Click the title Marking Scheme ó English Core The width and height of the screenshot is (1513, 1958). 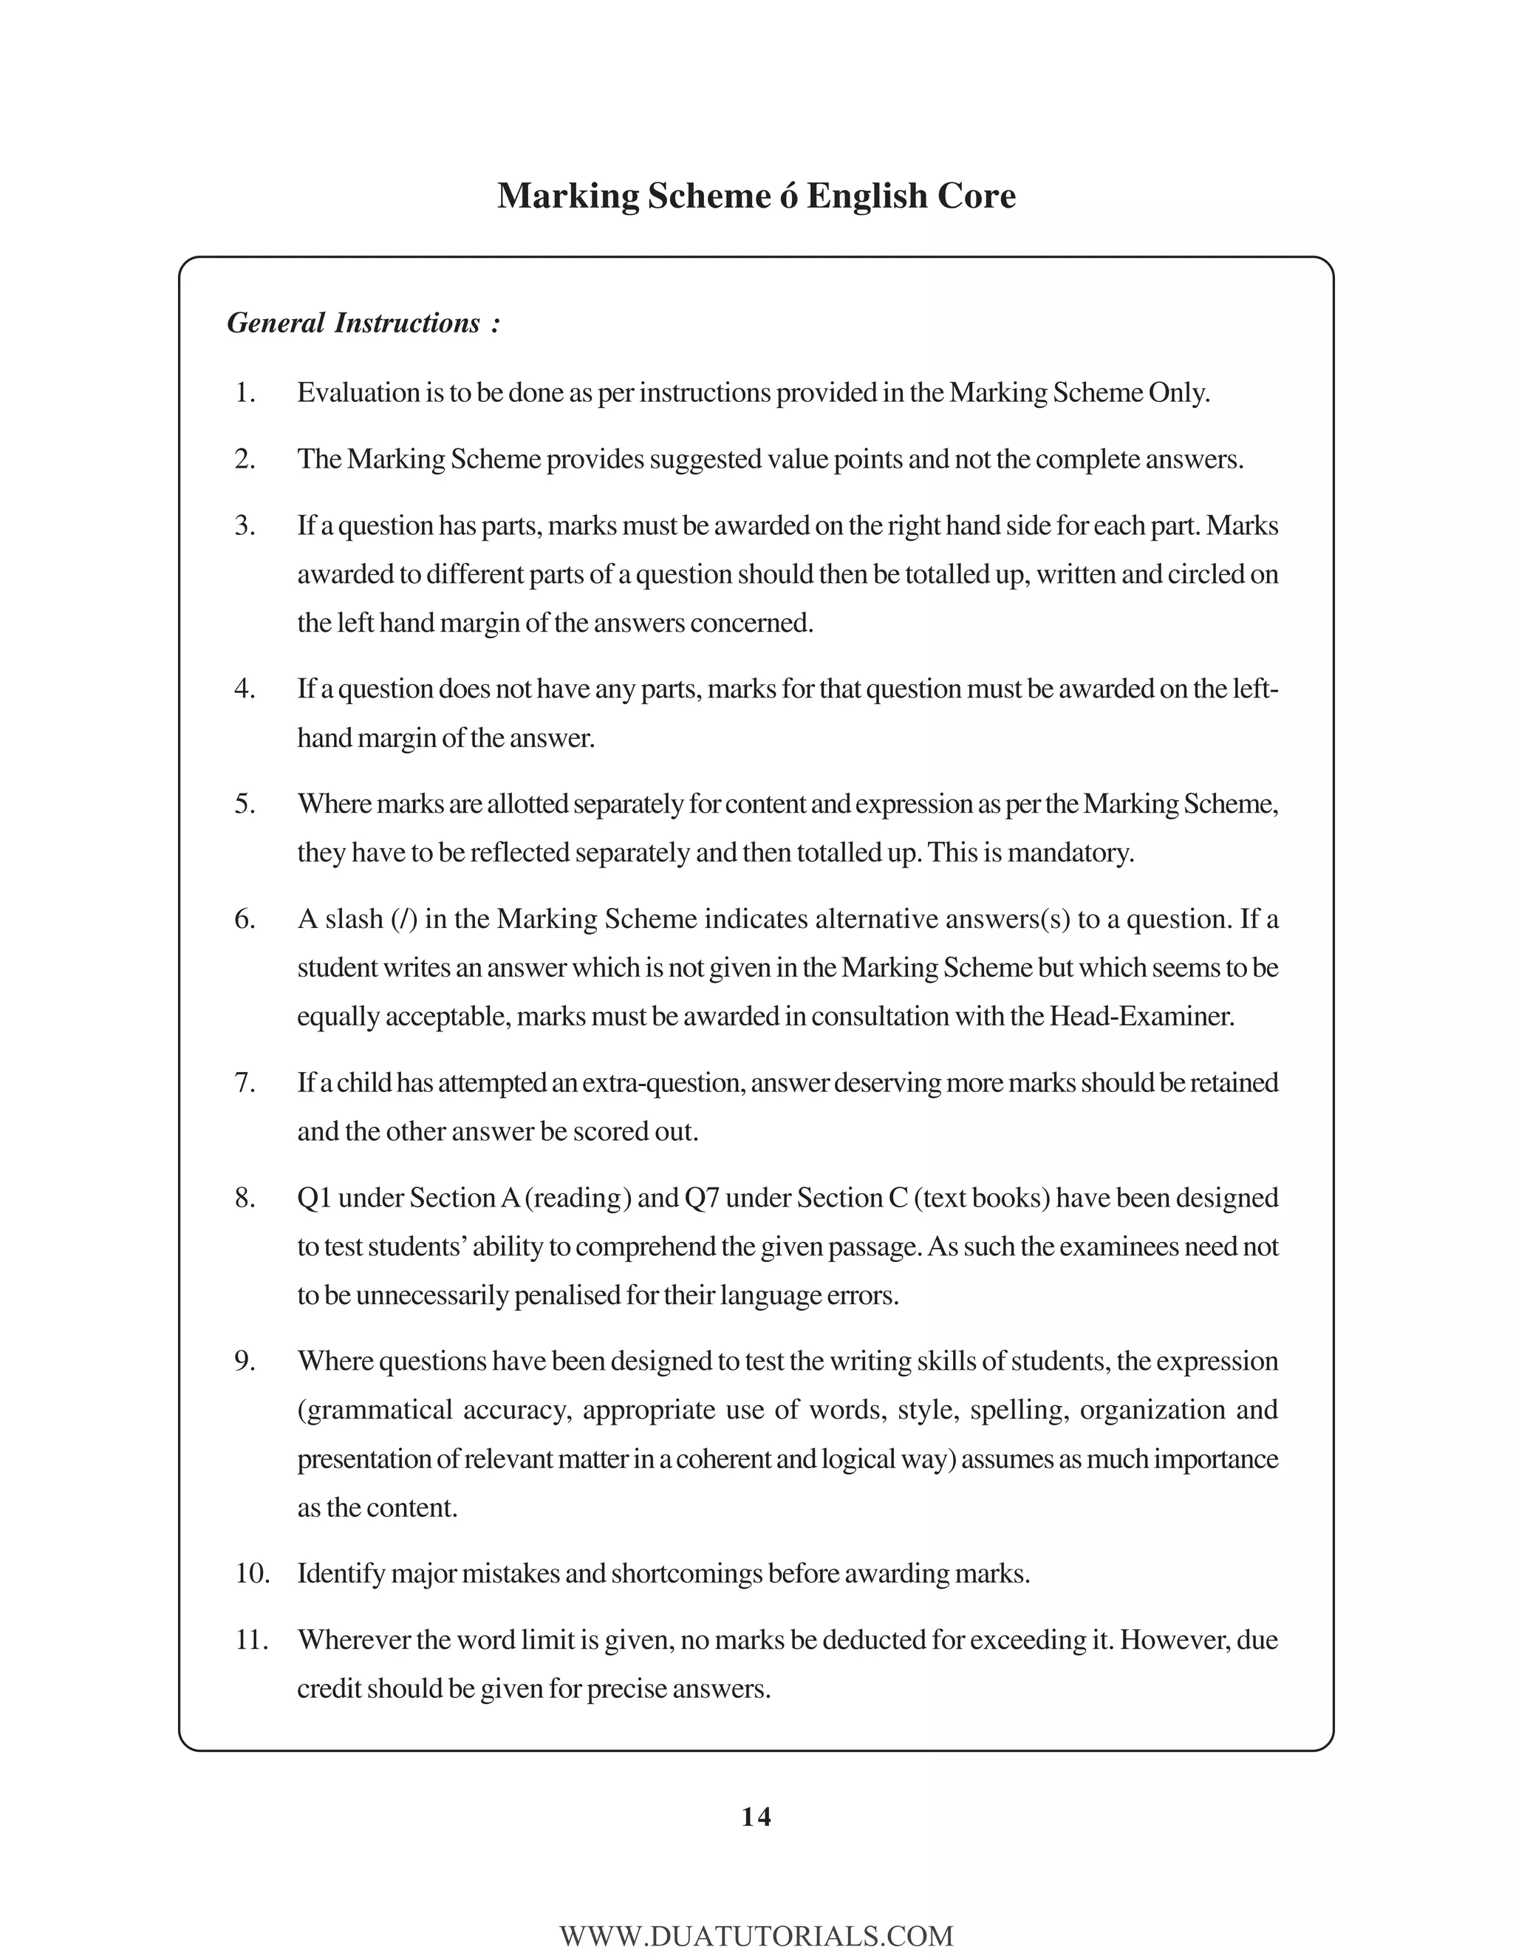[x=756, y=197]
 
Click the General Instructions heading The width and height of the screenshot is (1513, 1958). [x=363, y=323]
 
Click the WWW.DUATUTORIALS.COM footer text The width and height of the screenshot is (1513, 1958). [x=756, y=1936]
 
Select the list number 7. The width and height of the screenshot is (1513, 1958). [x=245, y=1083]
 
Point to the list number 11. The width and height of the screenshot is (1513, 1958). [x=252, y=1640]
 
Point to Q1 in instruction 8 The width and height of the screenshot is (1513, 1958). [x=315, y=1198]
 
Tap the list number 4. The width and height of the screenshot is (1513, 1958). [x=245, y=689]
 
